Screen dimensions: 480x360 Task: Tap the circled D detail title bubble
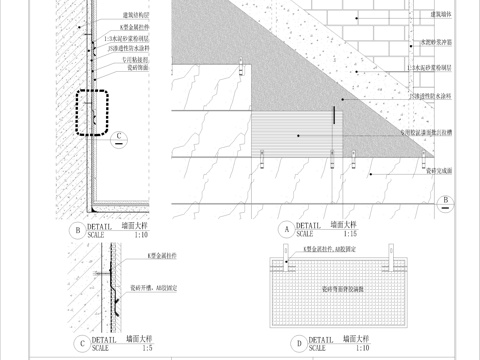(x=297, y=342)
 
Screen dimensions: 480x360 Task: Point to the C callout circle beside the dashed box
(x=119, y=136)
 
